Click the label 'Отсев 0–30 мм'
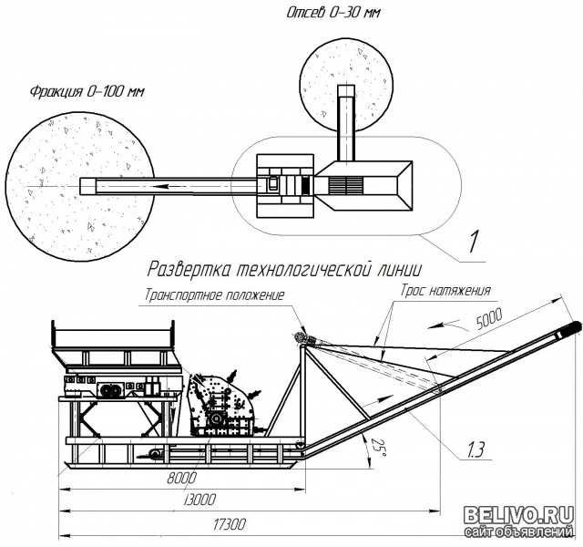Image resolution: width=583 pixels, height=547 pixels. pos(333,13)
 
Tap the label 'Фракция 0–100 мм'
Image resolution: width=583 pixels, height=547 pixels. pos(87,91)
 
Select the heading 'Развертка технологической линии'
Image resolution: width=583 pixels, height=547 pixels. pos(284,269)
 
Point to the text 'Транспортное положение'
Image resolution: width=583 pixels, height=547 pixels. pos(214,294)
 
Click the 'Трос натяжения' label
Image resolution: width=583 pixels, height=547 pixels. pos(445,290)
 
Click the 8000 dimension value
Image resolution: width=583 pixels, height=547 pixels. pos(181,478)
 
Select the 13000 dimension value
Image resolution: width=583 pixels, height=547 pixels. pos(199,500)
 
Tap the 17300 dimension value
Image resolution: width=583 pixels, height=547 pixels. pos(230,525)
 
